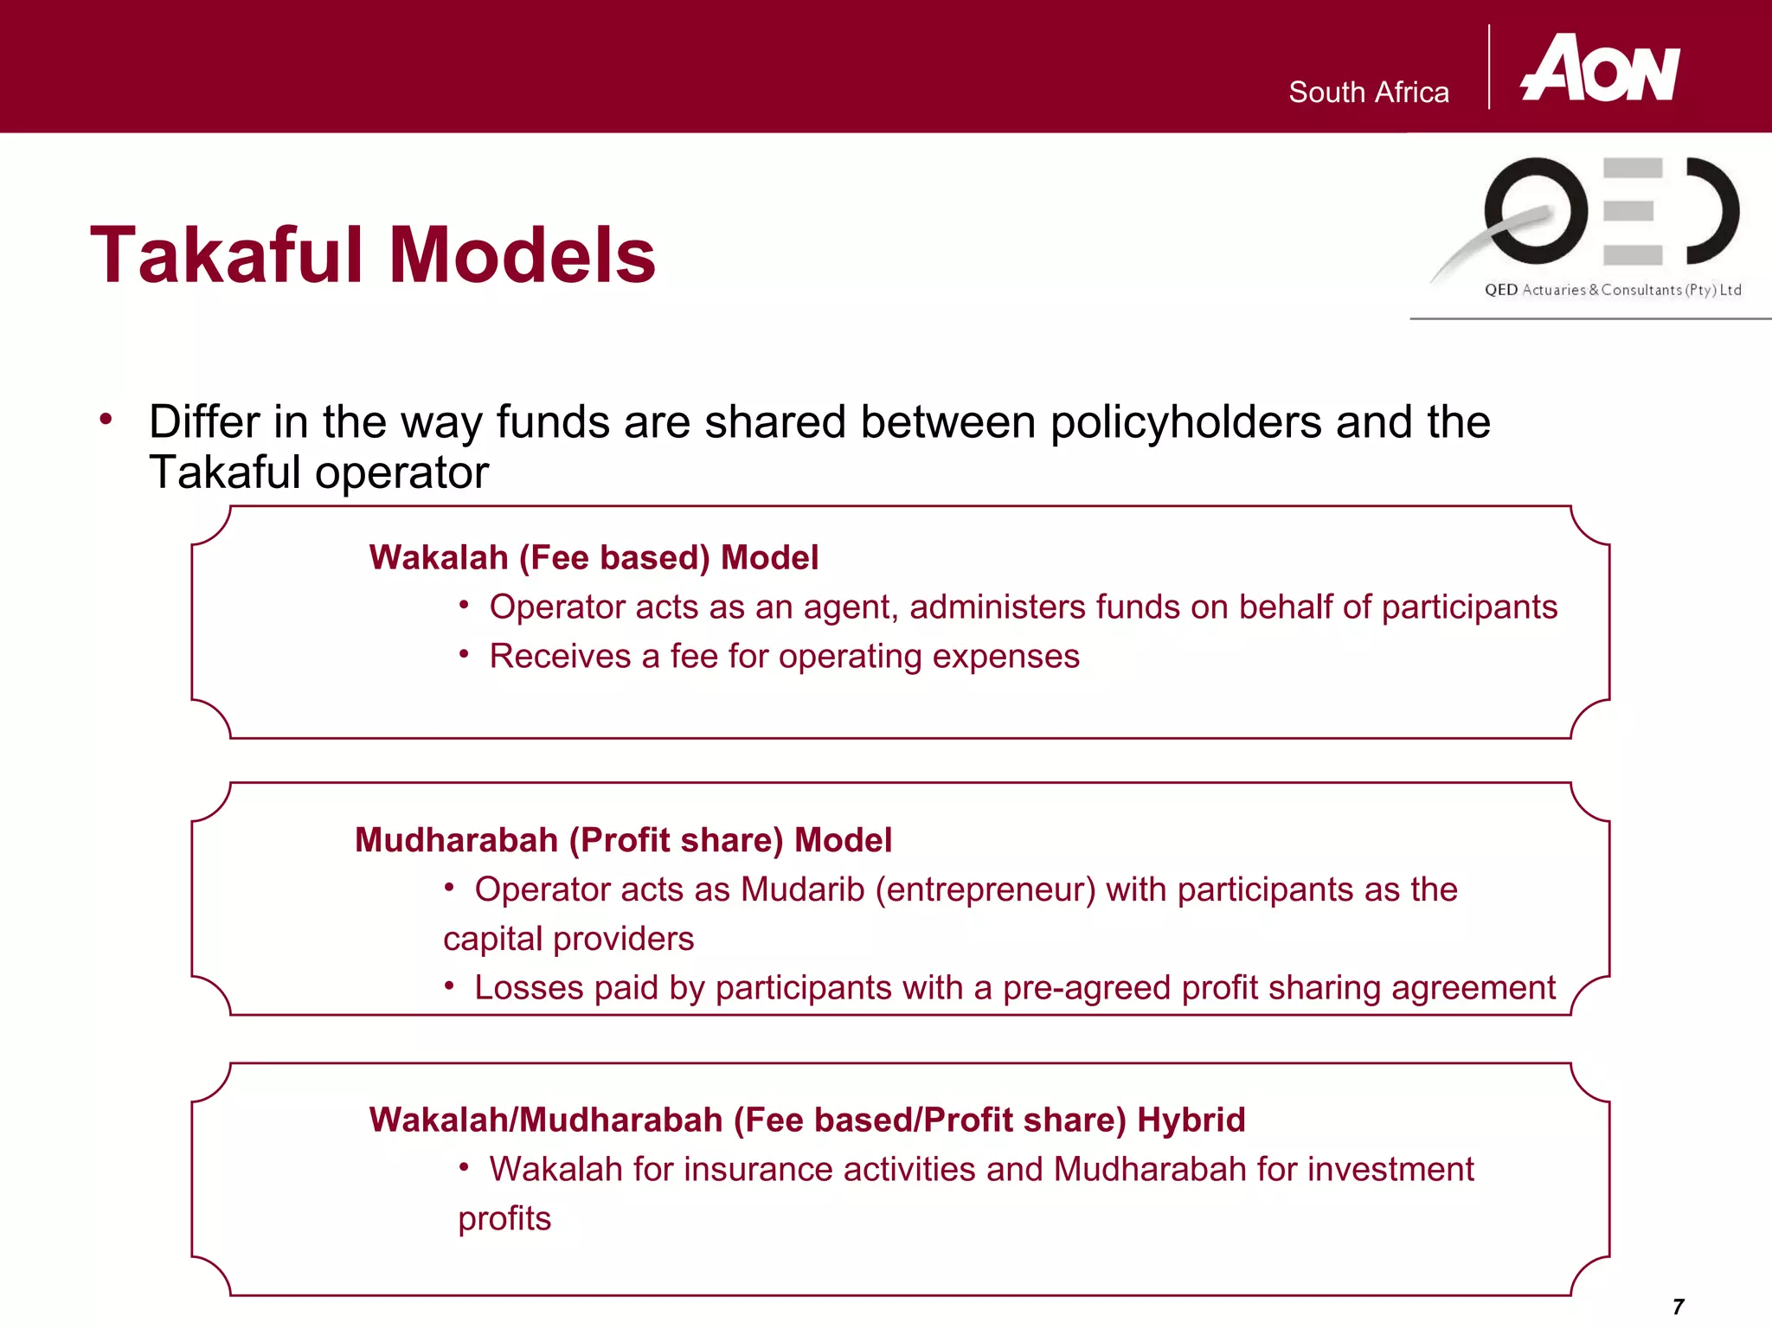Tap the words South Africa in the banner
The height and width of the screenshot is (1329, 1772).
pyautogui.click(x=1368, y=93)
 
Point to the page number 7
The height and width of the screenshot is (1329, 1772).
pyautogui.click(x=1678, y=1307)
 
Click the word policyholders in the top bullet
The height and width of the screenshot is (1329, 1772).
pyautogui.click(x=1185, y=423)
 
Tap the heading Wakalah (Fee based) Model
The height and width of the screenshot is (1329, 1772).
pyautogui.click(x=594, y=558)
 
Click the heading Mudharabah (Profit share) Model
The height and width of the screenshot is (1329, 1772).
pyautogui.click(x=623, y=840)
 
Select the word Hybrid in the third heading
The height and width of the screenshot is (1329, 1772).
pyautogui.click(x=1191, y=1120)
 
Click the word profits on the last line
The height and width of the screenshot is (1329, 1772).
pyautogui.click(x=504, y=1219)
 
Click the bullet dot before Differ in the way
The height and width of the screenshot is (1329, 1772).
pyautogui.click(x=106, y=420)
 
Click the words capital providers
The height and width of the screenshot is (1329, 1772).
pyautogui.click(x=568, y=940)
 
